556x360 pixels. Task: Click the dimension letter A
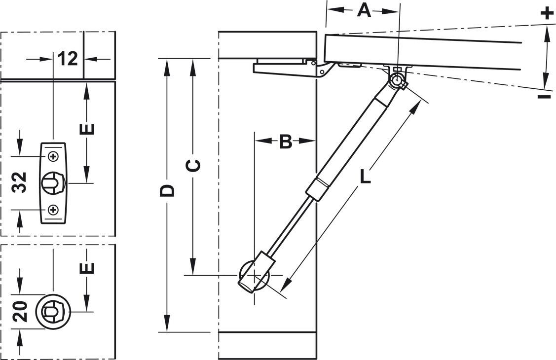[x=364, y=10]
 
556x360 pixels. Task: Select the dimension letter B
[x=286, y=142]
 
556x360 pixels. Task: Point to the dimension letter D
[x=168, y=190]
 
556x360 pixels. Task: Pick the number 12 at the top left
[x=68, y=59]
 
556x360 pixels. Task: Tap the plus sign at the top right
[x=545, y=12]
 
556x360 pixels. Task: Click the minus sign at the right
[x=544, y=96]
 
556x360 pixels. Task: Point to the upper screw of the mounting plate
[x=53, y=156]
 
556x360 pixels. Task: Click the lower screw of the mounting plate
[x=53, y=211]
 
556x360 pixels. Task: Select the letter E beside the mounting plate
[x=87, y=129]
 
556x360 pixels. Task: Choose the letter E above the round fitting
[x=87, y=268]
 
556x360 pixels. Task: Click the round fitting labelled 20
[x=52, y=312]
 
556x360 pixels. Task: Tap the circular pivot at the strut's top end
[x=397, y=79]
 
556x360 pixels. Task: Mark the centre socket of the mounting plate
[x=52, y=183]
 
